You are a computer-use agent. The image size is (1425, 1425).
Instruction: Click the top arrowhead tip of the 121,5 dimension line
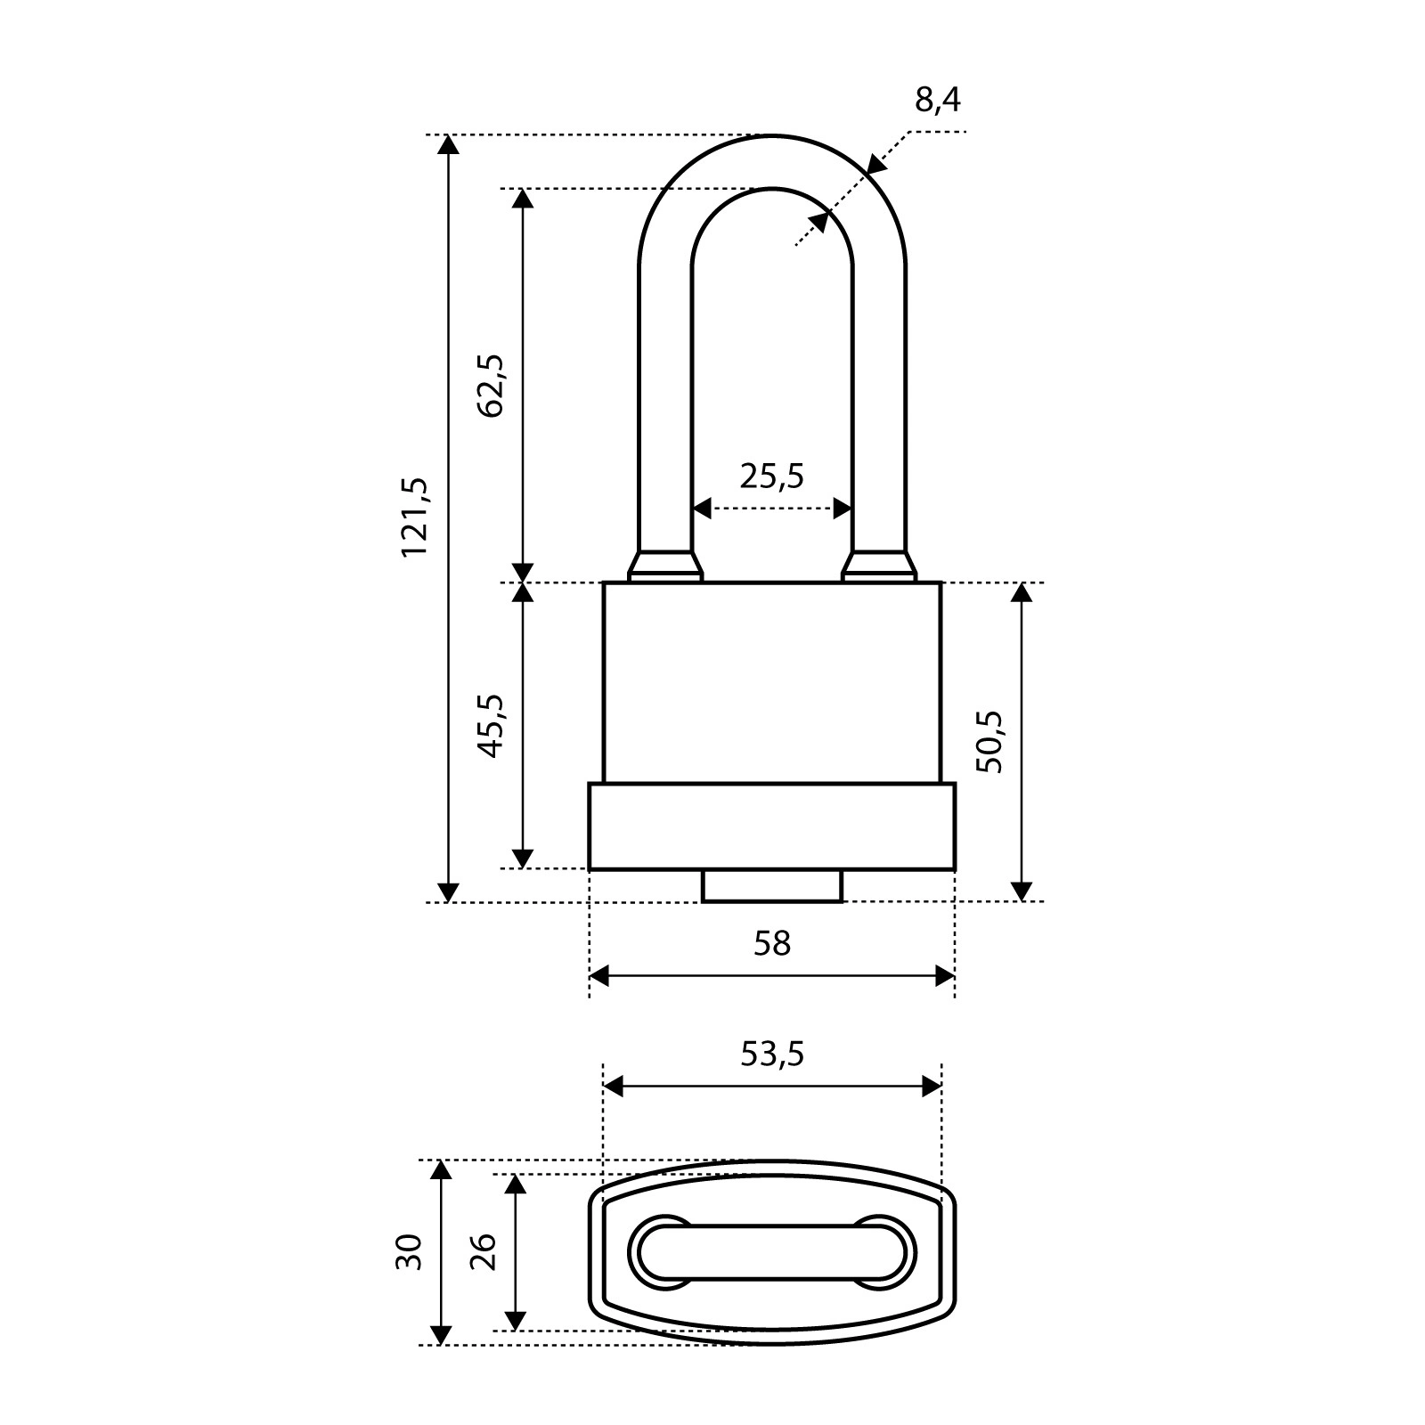pyautogui.click(x=449, y=136)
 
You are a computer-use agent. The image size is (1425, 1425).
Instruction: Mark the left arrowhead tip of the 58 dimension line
pyautogui.click(x=590, y=976)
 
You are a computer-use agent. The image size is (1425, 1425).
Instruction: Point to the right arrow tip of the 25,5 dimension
pyautogui.click(x=852, y=509)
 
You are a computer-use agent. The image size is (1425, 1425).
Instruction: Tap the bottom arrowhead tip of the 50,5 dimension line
pyautogui.click(x=1022, y=901)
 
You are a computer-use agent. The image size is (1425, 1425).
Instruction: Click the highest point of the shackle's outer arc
pyautogui.click(x=772, y=135)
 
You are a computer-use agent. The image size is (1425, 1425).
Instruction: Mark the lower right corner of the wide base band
pyautogui.click(x=955, y=869)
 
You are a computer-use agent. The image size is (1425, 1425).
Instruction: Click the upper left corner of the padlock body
pyautogui.click(x=604, y=582)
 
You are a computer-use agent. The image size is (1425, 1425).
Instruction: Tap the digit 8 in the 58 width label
pyautogui.click(x=781, y=943)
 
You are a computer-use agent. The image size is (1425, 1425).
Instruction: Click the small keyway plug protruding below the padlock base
pyautogui.click(x=772, y=886)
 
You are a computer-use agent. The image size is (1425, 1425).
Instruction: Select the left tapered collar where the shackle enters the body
pyautogui.click(x=664, y=566)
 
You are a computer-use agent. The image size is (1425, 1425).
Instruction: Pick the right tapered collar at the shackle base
pyautogui.click(x=879, y=566)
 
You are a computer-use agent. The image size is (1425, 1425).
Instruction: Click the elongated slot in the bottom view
pyautogui.click(x=772, y=1252)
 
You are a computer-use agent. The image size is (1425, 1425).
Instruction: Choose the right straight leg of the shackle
pyautogui.click(x=879, y=410)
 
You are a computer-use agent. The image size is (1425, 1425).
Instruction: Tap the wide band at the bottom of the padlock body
pyautogui.click(x=772, y=826)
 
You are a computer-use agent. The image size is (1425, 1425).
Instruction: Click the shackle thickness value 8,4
pyautogui.click(x=938, y=100)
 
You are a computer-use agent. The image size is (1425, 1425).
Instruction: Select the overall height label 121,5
pyautogui.click(x=415, y=517)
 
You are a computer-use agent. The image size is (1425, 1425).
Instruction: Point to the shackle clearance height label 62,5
pyautogui.click(x=491, y=385)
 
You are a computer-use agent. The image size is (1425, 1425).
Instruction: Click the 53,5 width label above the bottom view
pyautogui.click(x=772, y=1054)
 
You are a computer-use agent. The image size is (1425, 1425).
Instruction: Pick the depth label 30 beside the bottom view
pyautogui.click(x=409, y=1252)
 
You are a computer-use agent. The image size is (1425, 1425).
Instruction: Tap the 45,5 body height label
pyautogui.click(x=491, y=726)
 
